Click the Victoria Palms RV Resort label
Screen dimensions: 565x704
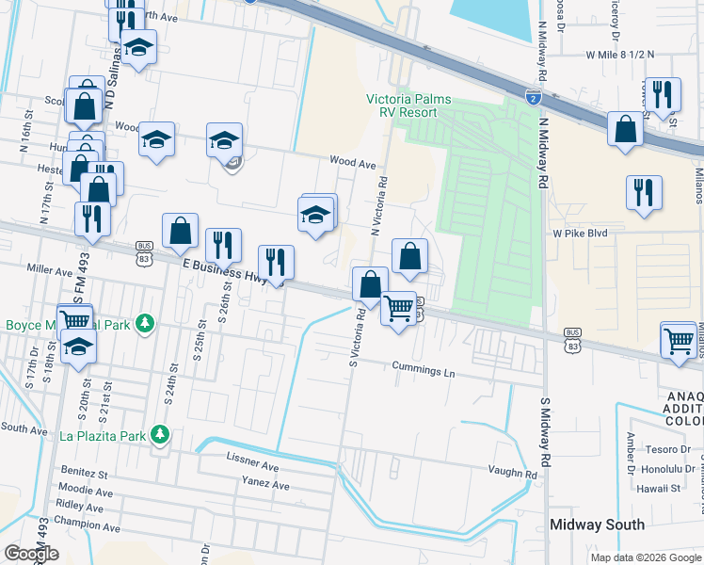(409, 105)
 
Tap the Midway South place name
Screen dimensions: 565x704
(598, 525)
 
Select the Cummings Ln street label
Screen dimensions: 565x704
(424, 370)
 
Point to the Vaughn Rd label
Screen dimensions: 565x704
(511, 472)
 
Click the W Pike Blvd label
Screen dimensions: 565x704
(580, 233)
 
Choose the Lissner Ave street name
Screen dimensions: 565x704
(253, 466)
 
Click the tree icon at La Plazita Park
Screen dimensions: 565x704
(161, 434)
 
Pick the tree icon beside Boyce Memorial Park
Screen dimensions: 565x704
(144, 324)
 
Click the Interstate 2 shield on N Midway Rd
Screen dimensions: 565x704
(533, 97)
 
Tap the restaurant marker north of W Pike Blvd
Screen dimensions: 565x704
(644, 191)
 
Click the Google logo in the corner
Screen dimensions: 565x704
(31, 554)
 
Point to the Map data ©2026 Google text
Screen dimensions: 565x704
(645, 557)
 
